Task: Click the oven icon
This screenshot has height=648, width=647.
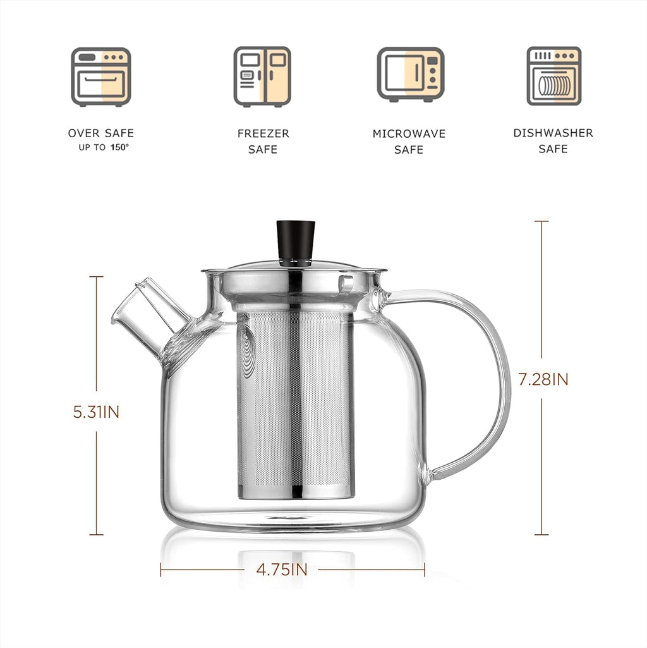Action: (x=100, y=76)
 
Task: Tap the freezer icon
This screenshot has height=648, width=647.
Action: (x=262, y=76)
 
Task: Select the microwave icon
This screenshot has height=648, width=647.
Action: (x=411, y=75)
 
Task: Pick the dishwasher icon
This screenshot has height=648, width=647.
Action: (x=553, y=76)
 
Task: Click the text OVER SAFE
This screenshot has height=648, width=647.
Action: (x=101, y=133)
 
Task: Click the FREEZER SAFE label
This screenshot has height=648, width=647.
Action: (x=263, y=142)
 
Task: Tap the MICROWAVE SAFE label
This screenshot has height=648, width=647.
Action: (x=409, y=142)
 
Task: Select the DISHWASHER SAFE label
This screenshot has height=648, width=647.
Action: (x=553, y=141)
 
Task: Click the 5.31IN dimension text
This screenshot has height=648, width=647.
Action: (x=97, y=412)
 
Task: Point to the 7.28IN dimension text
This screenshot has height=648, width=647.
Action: (x=543, y=379)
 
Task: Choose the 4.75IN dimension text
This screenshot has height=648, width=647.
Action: (x=282, y=570)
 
